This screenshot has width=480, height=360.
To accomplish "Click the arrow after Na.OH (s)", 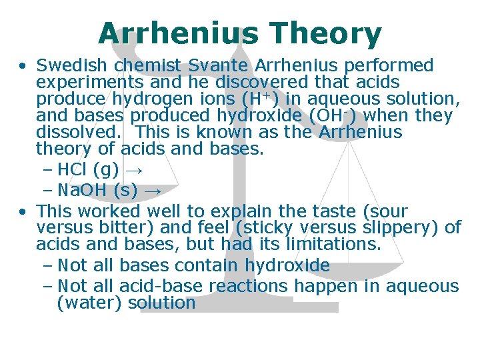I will point(153,191).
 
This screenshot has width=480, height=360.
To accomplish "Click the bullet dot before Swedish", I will point(23,66).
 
